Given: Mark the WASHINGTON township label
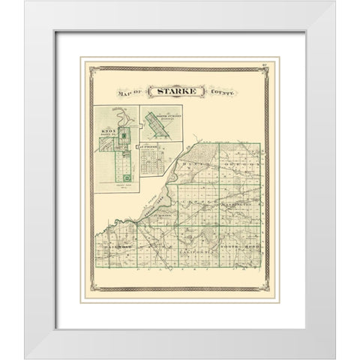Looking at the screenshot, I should pos(240,203).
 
